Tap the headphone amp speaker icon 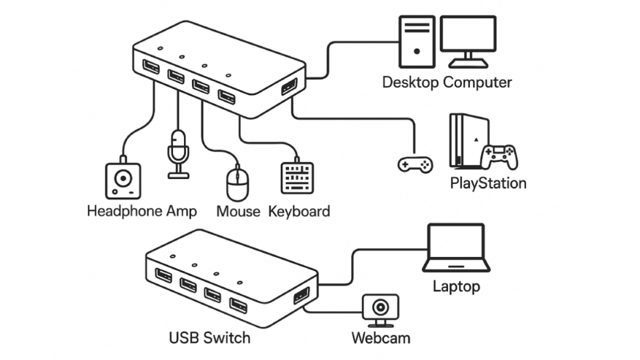(x=123, y=181)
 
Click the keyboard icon (x=297, y=178)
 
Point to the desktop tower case (x=416, y=41)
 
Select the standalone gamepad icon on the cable (x=415, y=163)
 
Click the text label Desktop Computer (x=447, y=82)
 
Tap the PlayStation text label (x=488, y=182)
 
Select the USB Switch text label (x=209, y=337)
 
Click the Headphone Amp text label (x=142, y=211)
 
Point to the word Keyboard (x=299, y=211)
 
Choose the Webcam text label (x=381, y=337)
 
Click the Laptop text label (x=457, y=286)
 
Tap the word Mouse (x=238, y=211)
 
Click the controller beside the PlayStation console (x=499, y=157)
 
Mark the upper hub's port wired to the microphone (x=176, y=77)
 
